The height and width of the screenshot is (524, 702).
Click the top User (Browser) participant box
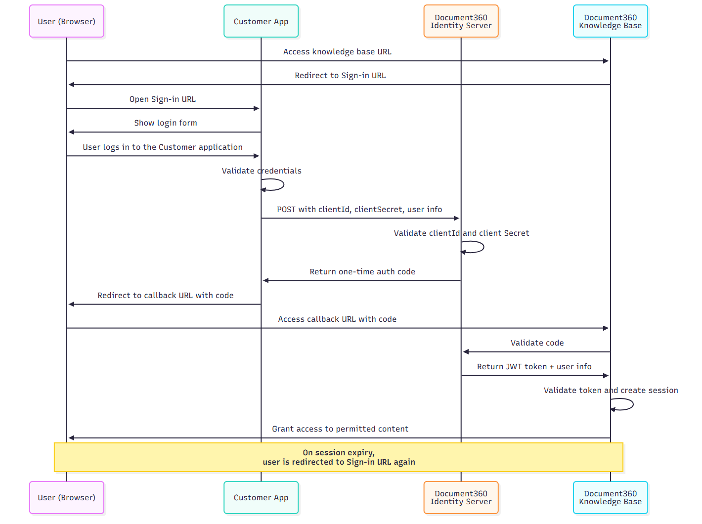[67, 21]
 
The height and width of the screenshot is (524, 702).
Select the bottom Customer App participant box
[261, 497]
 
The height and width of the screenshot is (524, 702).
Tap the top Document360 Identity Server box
[461, 21]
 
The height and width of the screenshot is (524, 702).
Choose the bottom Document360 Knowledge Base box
[610, 497]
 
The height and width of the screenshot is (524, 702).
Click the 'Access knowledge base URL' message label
[337, 52]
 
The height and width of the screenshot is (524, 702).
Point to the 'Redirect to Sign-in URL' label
[340, 76]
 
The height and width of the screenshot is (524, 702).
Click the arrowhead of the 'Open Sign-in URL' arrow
[257, 108]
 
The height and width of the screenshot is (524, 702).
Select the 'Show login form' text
[166, 123]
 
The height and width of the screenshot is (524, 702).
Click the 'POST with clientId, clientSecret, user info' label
[359, 210]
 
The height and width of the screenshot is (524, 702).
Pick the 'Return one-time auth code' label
[362, 272]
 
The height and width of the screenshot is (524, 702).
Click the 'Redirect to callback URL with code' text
[166, 296]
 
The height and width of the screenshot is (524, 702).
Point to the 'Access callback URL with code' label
[337, 319]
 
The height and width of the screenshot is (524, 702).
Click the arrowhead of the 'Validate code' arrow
[466, 352]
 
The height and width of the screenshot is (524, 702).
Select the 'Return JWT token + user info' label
[534, 367]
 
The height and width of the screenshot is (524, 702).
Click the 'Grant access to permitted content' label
[340, 429]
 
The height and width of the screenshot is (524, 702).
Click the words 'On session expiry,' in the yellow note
[339, 453]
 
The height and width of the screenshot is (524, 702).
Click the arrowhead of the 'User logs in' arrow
[257, 156]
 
